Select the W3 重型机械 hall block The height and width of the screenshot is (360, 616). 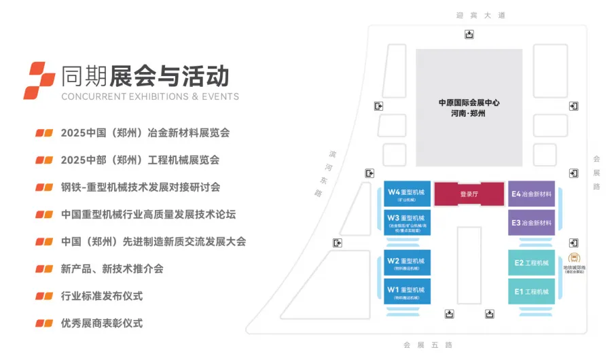[407, 222]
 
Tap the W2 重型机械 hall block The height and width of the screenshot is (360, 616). [407, 263]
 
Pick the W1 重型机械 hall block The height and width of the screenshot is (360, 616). [407, 292]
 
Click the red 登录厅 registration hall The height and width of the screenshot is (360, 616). [469, 194]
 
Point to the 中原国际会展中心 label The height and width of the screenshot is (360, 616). [469, 103]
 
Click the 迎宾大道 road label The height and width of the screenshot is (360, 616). [481, 15]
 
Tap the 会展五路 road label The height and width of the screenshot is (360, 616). [428, 344]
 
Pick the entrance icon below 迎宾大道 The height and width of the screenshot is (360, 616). [469, 35]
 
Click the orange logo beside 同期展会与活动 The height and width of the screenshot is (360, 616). [39, 79]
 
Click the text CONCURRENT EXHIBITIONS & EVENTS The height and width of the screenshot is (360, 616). [150, 96]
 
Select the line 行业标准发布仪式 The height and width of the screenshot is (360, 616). [102, 296]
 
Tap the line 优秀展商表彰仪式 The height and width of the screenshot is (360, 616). [102, 323]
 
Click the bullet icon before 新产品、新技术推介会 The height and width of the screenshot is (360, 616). [44, 269]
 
